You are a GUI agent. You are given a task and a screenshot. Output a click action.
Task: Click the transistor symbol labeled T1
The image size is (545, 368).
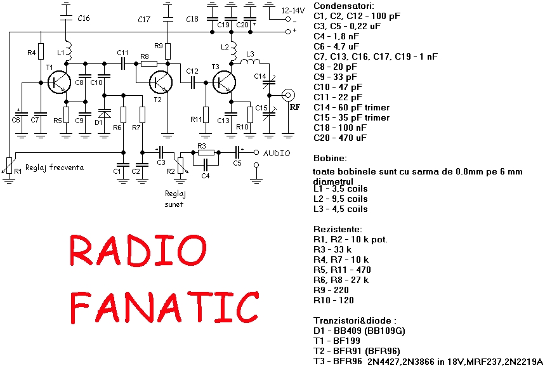click(60, 82)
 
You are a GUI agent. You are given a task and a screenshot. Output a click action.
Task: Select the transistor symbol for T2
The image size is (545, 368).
click(161, 82)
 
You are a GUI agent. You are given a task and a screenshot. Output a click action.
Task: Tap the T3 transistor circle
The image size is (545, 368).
click(225, 82)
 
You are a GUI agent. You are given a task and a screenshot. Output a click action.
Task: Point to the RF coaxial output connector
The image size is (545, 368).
click(288, 95)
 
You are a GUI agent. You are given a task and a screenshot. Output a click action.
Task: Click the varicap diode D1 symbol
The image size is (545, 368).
click(104, 114)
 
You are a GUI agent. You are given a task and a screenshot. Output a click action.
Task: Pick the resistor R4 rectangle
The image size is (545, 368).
click(41, 51)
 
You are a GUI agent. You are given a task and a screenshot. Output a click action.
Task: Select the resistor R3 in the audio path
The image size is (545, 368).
click(206, 152)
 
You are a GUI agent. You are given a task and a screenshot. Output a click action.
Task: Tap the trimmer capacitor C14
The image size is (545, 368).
click(269, 82)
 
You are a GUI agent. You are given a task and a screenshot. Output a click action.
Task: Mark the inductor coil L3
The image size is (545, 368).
click(250, 62)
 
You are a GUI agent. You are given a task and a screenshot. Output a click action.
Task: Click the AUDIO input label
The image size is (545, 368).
click(277, 154)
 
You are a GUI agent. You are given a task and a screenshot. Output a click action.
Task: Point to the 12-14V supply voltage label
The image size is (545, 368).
click(293, 10)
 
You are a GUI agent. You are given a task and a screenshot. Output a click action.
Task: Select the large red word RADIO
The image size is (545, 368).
click(138, 251)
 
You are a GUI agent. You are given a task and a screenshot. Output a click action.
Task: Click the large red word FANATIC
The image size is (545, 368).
click(164, 307)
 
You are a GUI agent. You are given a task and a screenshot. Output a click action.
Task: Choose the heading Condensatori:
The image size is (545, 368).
click(344, 6)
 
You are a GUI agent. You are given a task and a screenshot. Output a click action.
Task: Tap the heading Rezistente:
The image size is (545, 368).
click(338, 229)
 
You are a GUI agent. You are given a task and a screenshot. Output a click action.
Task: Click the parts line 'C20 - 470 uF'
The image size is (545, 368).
click(340, 138)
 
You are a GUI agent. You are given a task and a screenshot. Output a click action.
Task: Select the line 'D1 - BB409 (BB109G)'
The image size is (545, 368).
click(359, 331)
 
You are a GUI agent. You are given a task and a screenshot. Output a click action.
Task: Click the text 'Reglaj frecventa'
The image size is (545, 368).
click(55, 168)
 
